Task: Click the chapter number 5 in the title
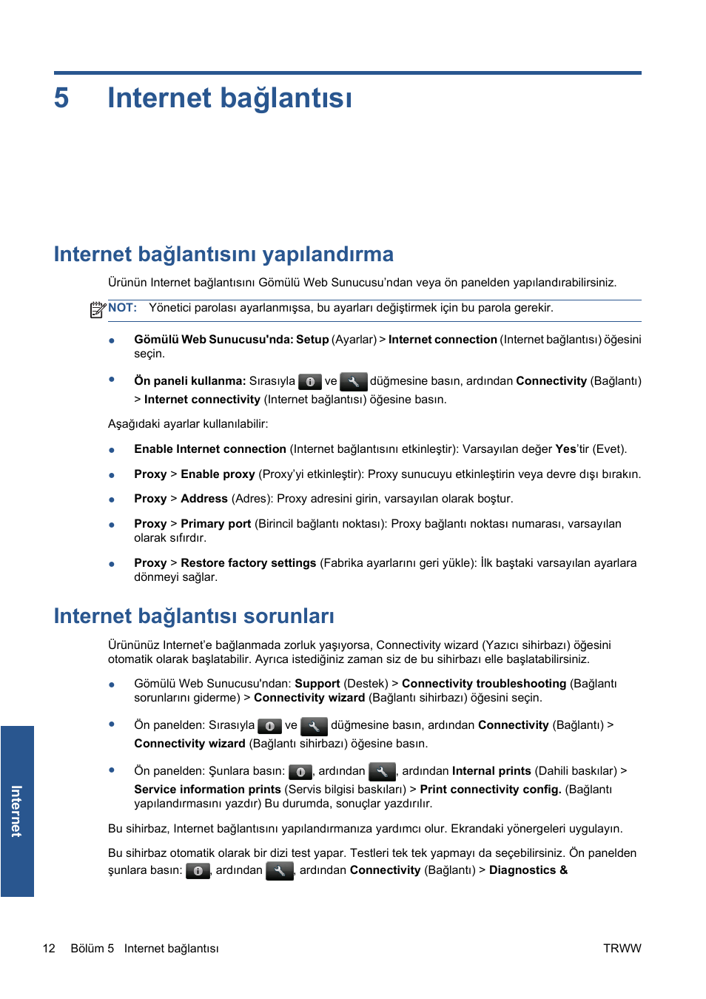pyautogui.click(x=61, y=98)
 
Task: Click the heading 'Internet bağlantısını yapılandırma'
pyautogui.click(x=223, y=255)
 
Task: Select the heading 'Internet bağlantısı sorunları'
pyautogui.click(x=194, y=616)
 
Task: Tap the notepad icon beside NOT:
pyautogui.click(x=98, y=310)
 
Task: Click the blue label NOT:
pyautogui.click(x=122, y=308)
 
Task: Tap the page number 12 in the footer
pyautogui.click(x=49, y=948)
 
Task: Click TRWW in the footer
pyautogui.click(x=622, y=948)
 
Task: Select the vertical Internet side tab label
pyautogui.click(x=17, y=811)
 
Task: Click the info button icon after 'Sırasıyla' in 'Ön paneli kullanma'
pyautogui.click(x=310, y=382)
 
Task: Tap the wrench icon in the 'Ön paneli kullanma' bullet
pyautogui.click(x=354, y=382)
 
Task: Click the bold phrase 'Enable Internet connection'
pyautogui.click(x=210, y=449)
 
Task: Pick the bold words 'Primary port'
pyautogui.click(x=216, y=524)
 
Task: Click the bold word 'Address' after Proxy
pyautogui.click(x=204, y=499)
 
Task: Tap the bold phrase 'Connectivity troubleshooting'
pyautogui.click(x=484, y=684)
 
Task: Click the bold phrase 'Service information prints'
pyautogui.click(x=207, y=790)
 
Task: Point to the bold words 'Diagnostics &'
pyautogui.click(x=528, y=870)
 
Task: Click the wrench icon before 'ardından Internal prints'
pyautogui.click(x=382, y=772)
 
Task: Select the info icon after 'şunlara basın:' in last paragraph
pyautogui.click(x=198, y=871)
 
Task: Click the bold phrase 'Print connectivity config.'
pyautogui.click(x=491, y=790)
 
